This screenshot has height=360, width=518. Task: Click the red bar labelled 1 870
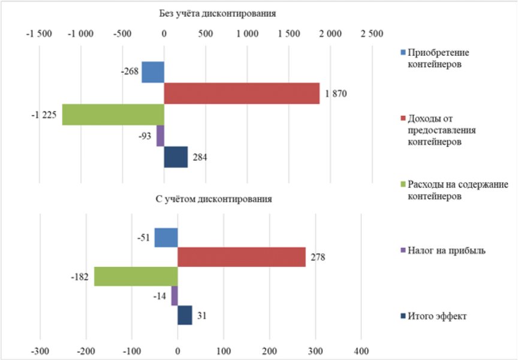pyautogui.click(x=242, y=94)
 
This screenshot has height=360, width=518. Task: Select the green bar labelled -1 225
pyautogui.click(x=113, y=115)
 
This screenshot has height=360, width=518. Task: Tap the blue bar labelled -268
pyautogui.click(x=153, y=73)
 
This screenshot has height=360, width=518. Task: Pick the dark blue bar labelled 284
pyautogui.click(x=176, y=157)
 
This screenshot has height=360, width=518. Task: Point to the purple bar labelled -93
pyautogui.click(x=160, y=136)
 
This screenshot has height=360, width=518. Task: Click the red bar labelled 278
pyautogui.click(x=242, y=257)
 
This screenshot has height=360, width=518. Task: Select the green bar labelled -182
pyautogui.click(x=136, y=277)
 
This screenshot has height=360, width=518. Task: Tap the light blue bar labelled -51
pyautogui.click(x=166, y=238)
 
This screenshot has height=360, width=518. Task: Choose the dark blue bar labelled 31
pyautogui.click(x=185, y=315)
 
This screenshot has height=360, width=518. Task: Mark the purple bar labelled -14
pyautogui.click(x=174, y=296)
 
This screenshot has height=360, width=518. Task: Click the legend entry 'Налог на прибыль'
pyautogui.click(x=446, y=250)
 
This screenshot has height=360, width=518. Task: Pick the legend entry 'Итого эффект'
pyautogui.click(x=437, y=316)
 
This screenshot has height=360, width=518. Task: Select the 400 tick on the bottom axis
pyautogui.click(x=362, y=349)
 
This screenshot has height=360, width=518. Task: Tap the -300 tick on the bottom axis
pyautogui.click(x=40, y=349)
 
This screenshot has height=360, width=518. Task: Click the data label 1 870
pyautogui.click(x=336, y=94)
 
